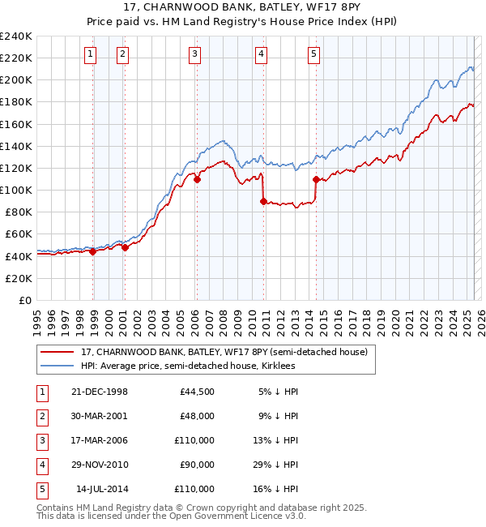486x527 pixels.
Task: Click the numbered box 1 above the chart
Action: [x=89, y=54]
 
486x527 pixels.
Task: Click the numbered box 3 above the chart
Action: [x=195, y=54]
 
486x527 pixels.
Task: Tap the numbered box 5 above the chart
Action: [x=313, y=54]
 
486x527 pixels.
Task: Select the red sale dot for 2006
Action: [x=197, y=180]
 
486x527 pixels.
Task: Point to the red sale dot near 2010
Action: [x=264, y=201]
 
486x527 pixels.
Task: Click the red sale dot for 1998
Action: [x=93, y=251]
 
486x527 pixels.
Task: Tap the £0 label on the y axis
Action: [x=24, y=300]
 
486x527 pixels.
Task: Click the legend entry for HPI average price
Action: [x=188, y=366]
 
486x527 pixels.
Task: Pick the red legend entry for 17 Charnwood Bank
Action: [x=224, y=352]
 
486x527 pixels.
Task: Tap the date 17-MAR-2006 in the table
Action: [x=100, y=440]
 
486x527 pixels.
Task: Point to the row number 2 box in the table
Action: [x=41, y=416]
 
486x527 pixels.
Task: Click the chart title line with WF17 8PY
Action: [x=243, y=9]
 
